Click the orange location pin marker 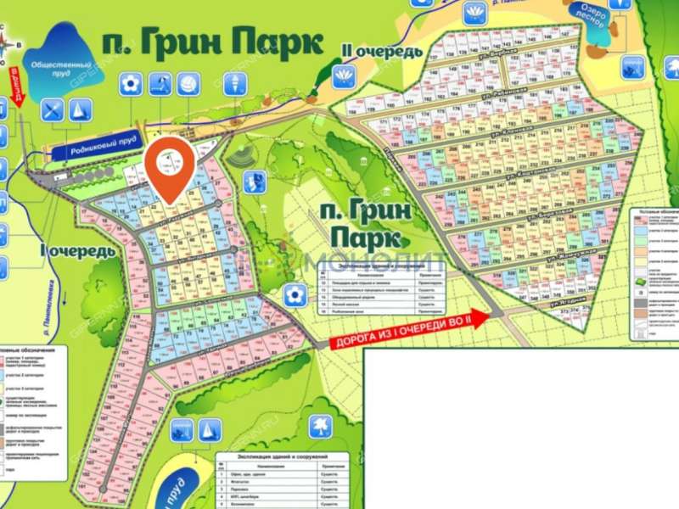point(170,168)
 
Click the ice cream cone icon point(233,84)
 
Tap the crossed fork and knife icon point(53,109)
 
